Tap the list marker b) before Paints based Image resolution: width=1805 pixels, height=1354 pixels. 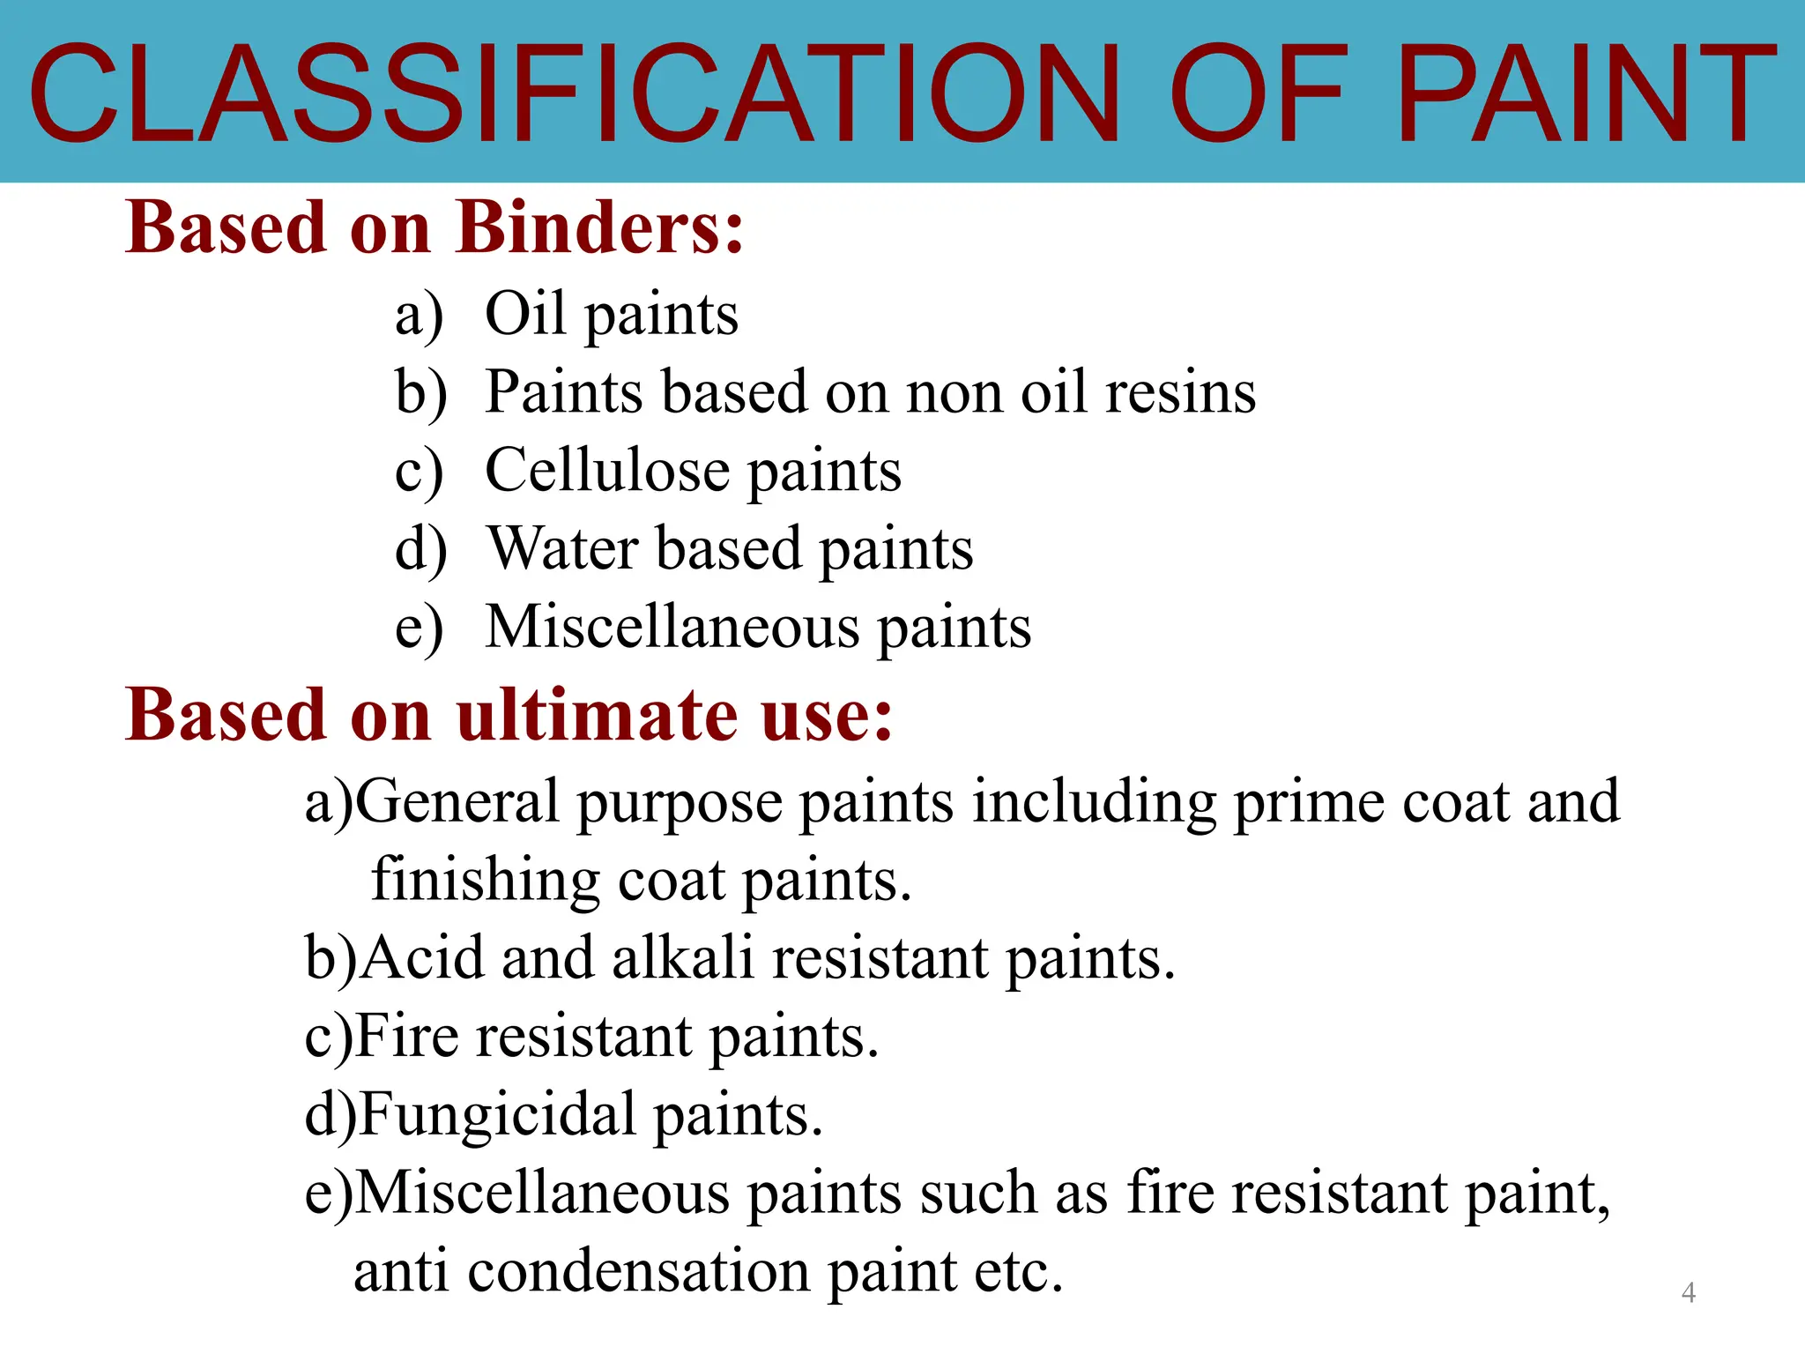point(420,392)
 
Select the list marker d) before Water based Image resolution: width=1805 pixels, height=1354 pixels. point(420,549)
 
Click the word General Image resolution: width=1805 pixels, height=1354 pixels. point(457,801)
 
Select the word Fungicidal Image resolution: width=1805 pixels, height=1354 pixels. point(498,1115)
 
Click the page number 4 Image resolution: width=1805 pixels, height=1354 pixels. point(1689,1292)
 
